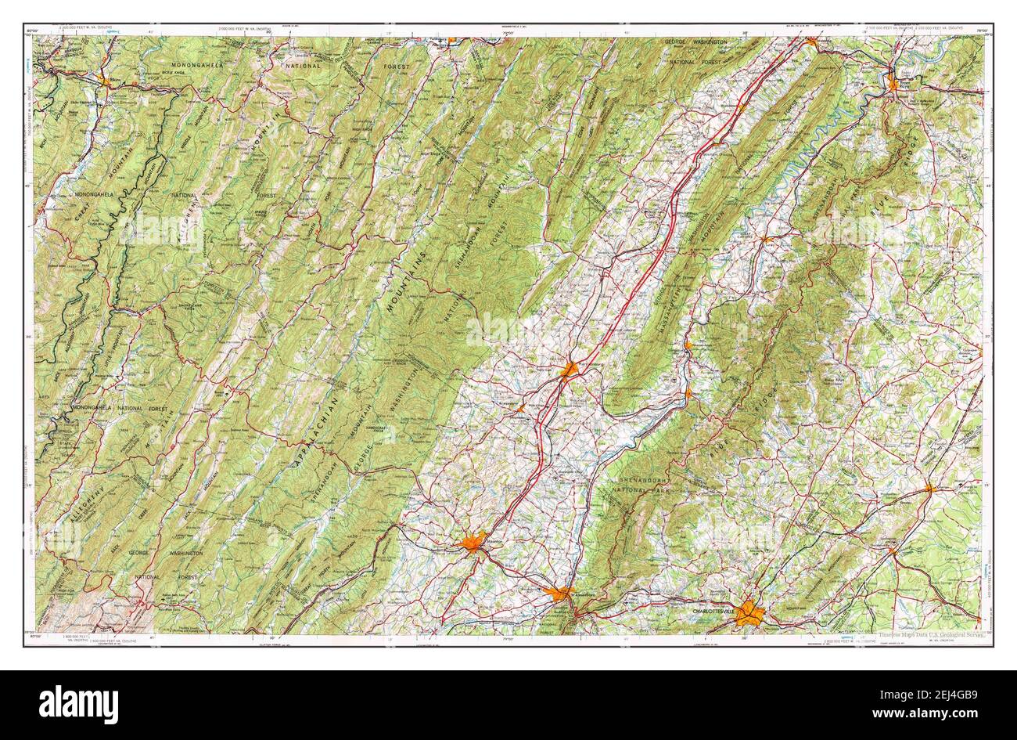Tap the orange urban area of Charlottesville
750,612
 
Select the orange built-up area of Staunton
473,543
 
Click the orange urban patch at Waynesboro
562,594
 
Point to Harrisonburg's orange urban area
570,368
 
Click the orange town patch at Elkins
105,79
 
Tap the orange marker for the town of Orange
929,488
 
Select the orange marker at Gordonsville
892,550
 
